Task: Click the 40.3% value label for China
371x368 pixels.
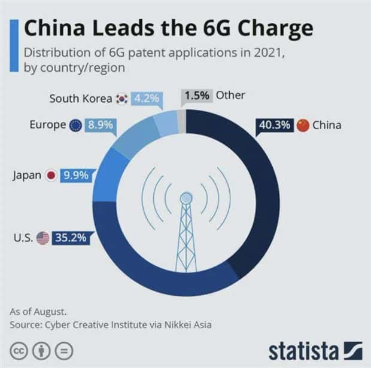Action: coord(274,125)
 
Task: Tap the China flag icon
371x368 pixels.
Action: coord(303,125)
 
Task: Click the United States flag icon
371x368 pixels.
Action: coord(43,238)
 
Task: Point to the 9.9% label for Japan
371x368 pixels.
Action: coord(75,176)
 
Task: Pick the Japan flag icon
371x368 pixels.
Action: coord(51,176)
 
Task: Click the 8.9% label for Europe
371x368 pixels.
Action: coord(101,125)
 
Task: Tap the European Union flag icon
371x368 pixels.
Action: coord(76,125)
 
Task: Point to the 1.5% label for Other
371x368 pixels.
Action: coord(196,96)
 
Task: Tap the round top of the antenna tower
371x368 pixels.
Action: coord(186,197)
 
